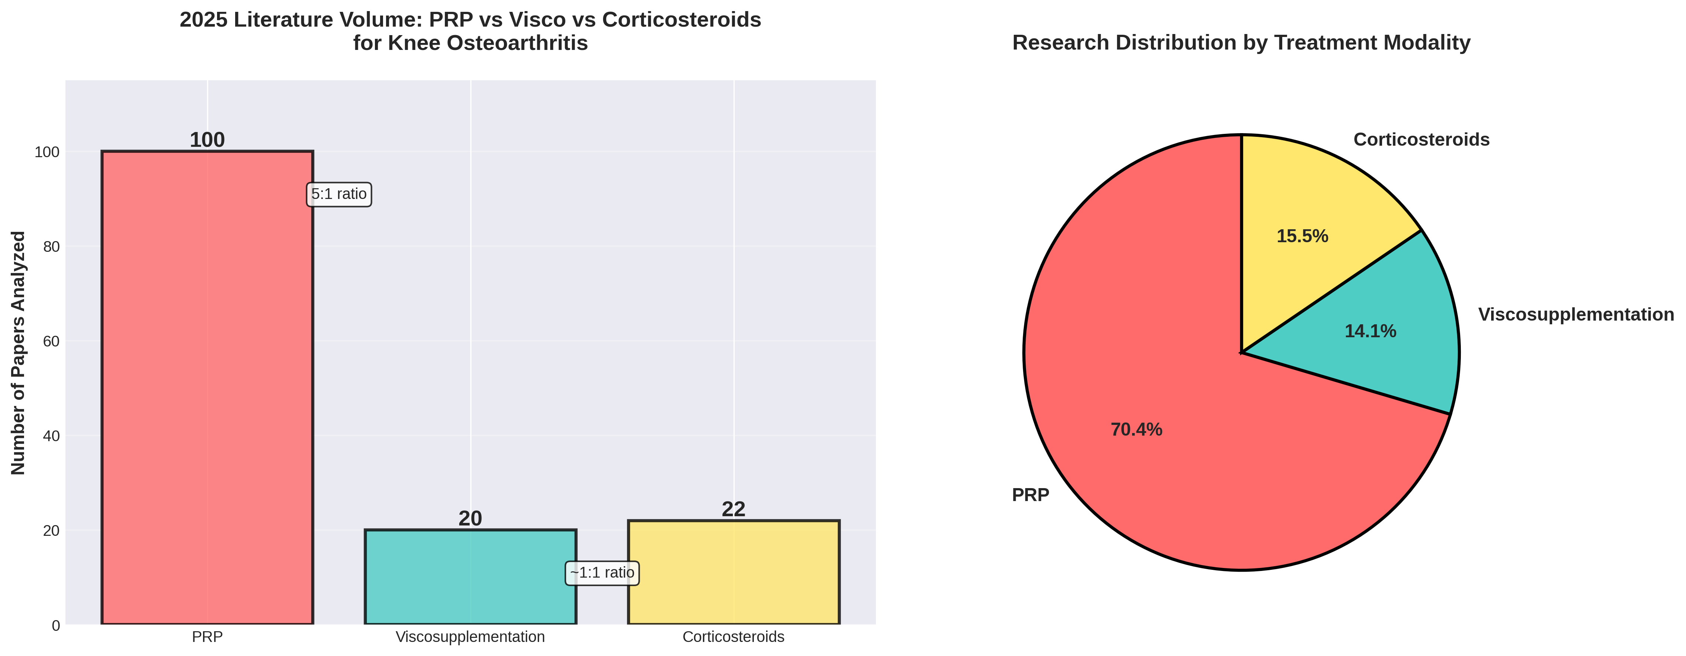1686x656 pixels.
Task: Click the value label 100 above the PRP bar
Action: (207, 140)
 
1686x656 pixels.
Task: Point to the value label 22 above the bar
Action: (733, 509)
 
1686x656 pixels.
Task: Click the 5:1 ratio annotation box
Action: (338, 195)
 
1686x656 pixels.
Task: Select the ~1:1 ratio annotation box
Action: (602, 573)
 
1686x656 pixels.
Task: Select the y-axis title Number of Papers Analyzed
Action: (18, 353)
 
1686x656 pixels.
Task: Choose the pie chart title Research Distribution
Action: (1241, 43)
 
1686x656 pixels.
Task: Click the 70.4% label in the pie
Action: (1136, 430)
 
